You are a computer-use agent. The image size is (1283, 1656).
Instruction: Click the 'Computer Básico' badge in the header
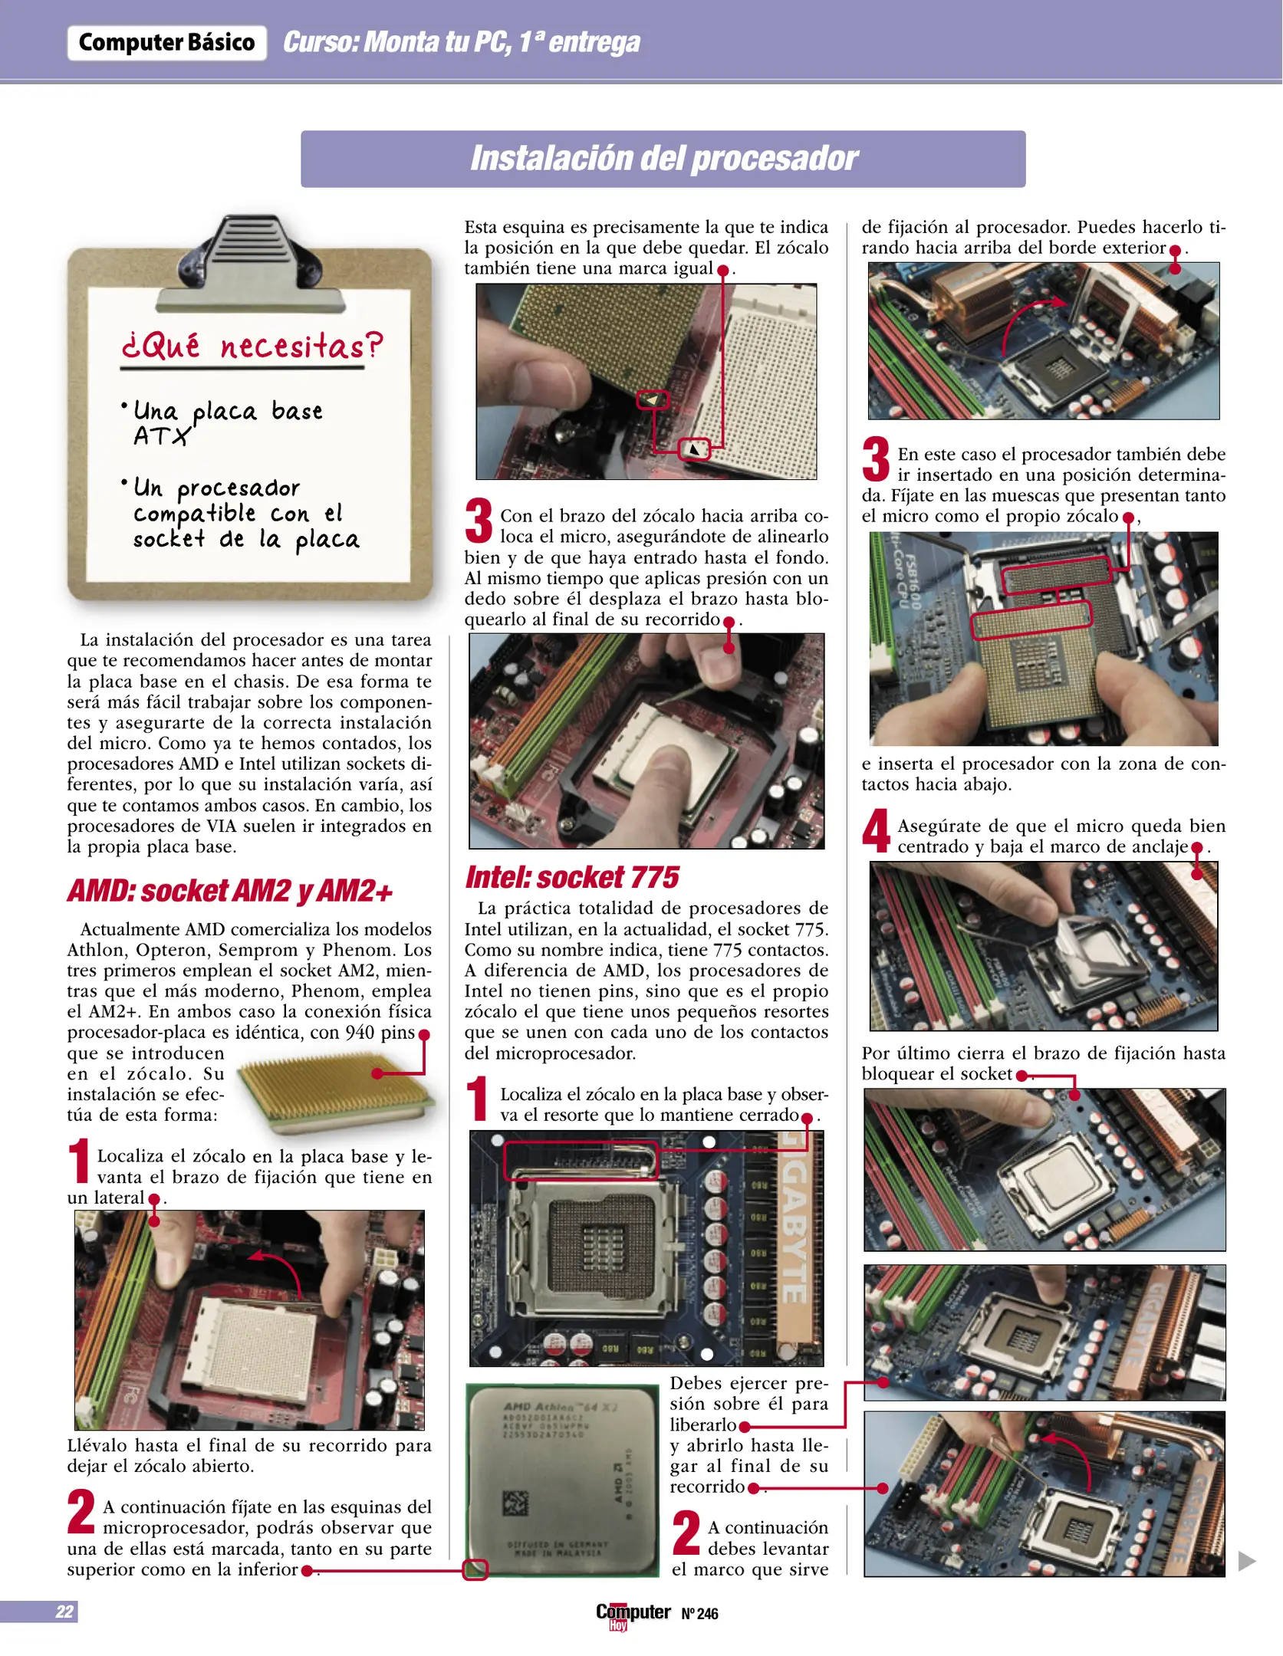coord(166,42)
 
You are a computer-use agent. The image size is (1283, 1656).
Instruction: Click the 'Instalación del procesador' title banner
coord(663,159)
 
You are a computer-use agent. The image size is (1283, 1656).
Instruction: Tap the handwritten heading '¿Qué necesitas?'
coord(252,347)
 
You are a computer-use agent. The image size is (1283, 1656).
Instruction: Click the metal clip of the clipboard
coord(248,257)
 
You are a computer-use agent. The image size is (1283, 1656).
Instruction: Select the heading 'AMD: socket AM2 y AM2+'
coord(230,892)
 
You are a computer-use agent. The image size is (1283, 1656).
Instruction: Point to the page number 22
coord(64,1612)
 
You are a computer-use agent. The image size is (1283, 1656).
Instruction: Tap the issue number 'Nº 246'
coord(699,1614)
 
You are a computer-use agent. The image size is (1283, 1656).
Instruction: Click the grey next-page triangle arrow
coord(1247,1560)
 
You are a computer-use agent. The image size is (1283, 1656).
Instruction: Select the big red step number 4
coord(876,831)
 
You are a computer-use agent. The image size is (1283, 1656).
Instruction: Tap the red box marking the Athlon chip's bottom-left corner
coord(475,1570)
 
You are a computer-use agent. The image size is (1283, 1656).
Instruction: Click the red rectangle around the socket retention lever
coord(581,1160)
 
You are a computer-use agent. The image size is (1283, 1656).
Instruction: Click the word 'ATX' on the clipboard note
coord(161,436)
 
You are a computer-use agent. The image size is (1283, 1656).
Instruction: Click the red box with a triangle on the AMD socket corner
coord(694,449)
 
